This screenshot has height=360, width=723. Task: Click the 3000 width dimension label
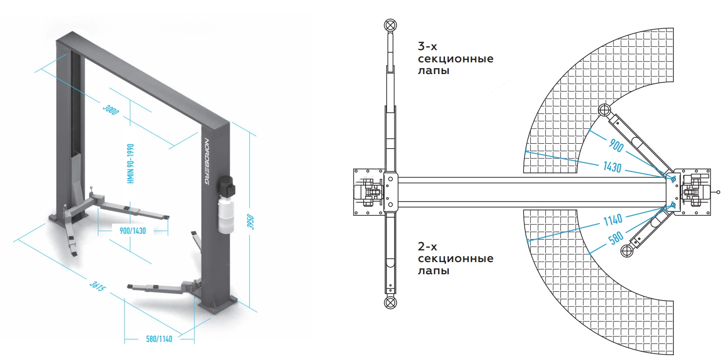(111, 110)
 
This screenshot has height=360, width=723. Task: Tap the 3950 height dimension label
(251, 222)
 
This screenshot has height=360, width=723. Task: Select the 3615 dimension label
(97, 286)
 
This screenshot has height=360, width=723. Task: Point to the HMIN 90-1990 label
(130, 164)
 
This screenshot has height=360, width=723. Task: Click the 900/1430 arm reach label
(132, 231)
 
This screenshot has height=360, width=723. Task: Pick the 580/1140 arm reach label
(159, 339)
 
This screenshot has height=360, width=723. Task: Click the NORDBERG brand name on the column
(207, 161)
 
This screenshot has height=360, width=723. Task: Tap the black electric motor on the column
(226, 186)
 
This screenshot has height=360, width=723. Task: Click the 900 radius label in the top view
(616, 145)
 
